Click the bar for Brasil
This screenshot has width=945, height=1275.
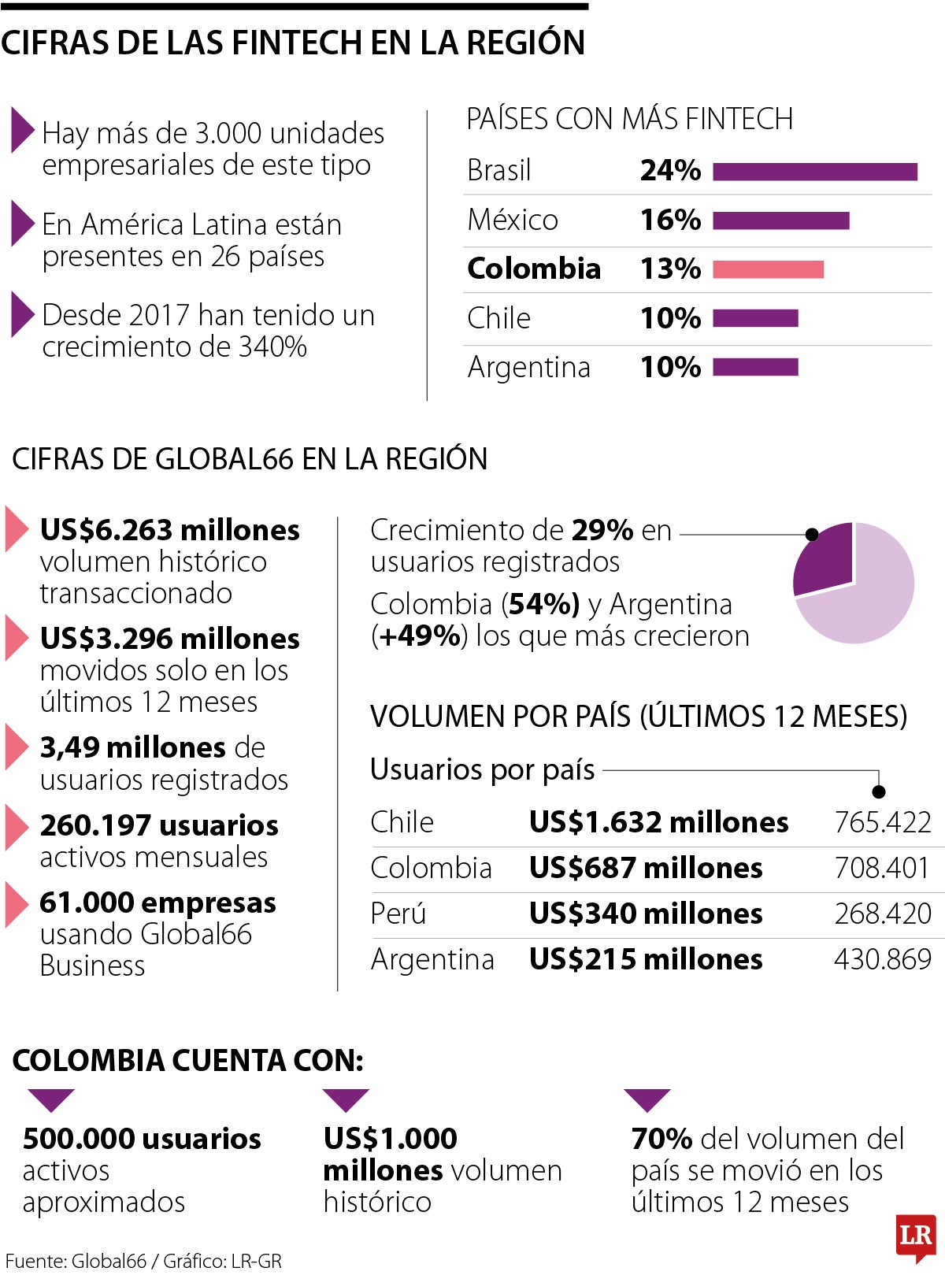click(814, 172)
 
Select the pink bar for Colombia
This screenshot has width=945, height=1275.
click(768, 269)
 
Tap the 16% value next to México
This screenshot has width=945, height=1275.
click(670, 220)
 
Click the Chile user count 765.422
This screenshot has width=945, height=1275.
click(882, 822)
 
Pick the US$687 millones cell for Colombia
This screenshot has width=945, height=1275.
click(645, 868)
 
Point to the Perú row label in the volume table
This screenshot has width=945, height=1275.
click(398, 914)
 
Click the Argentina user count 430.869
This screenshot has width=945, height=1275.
click(882, 959)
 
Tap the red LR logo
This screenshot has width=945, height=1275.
click(916, 1235)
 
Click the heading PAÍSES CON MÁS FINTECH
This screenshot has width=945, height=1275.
click(629, 119)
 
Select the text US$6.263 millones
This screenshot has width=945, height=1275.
click(169, 530)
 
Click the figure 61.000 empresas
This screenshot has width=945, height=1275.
click(157, 903)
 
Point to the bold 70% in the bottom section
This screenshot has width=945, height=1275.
click(661, 1139)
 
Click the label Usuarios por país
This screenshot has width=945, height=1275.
click(482, 769)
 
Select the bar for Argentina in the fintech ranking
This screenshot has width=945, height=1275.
click(755, 367)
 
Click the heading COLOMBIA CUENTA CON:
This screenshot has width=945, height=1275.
click(187, 1061)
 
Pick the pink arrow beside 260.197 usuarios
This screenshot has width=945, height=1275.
click(16, 826)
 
